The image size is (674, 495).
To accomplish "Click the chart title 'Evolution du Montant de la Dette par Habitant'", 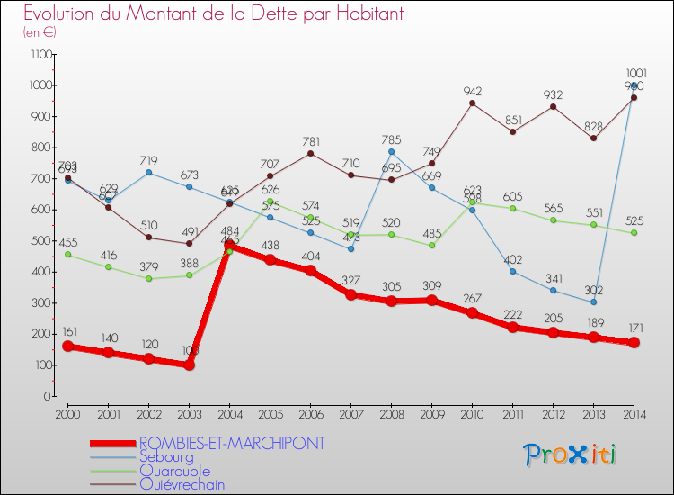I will pos(213,13).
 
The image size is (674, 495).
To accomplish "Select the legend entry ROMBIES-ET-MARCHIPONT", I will pos(232,443).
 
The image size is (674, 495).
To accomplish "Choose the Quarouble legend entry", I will pos(174,471).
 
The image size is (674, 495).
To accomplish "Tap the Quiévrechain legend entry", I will pos(182,484).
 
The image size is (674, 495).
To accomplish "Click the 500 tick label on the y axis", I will pos(40,240).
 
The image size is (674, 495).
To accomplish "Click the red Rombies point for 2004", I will pos(229,245).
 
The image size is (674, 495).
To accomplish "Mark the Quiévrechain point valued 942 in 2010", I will pos(472,103).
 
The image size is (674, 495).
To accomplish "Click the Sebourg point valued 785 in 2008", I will pos(391,151).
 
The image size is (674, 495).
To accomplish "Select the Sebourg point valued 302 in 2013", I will pos(593,301).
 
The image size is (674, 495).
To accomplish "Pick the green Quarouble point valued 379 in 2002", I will pos(148,278).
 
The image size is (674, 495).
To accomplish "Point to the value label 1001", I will pos(634,74).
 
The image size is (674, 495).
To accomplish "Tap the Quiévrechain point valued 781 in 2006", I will pos(310,153).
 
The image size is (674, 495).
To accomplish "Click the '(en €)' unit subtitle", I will pos(40,31).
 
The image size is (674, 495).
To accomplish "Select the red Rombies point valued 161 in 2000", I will pos(67,346).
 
